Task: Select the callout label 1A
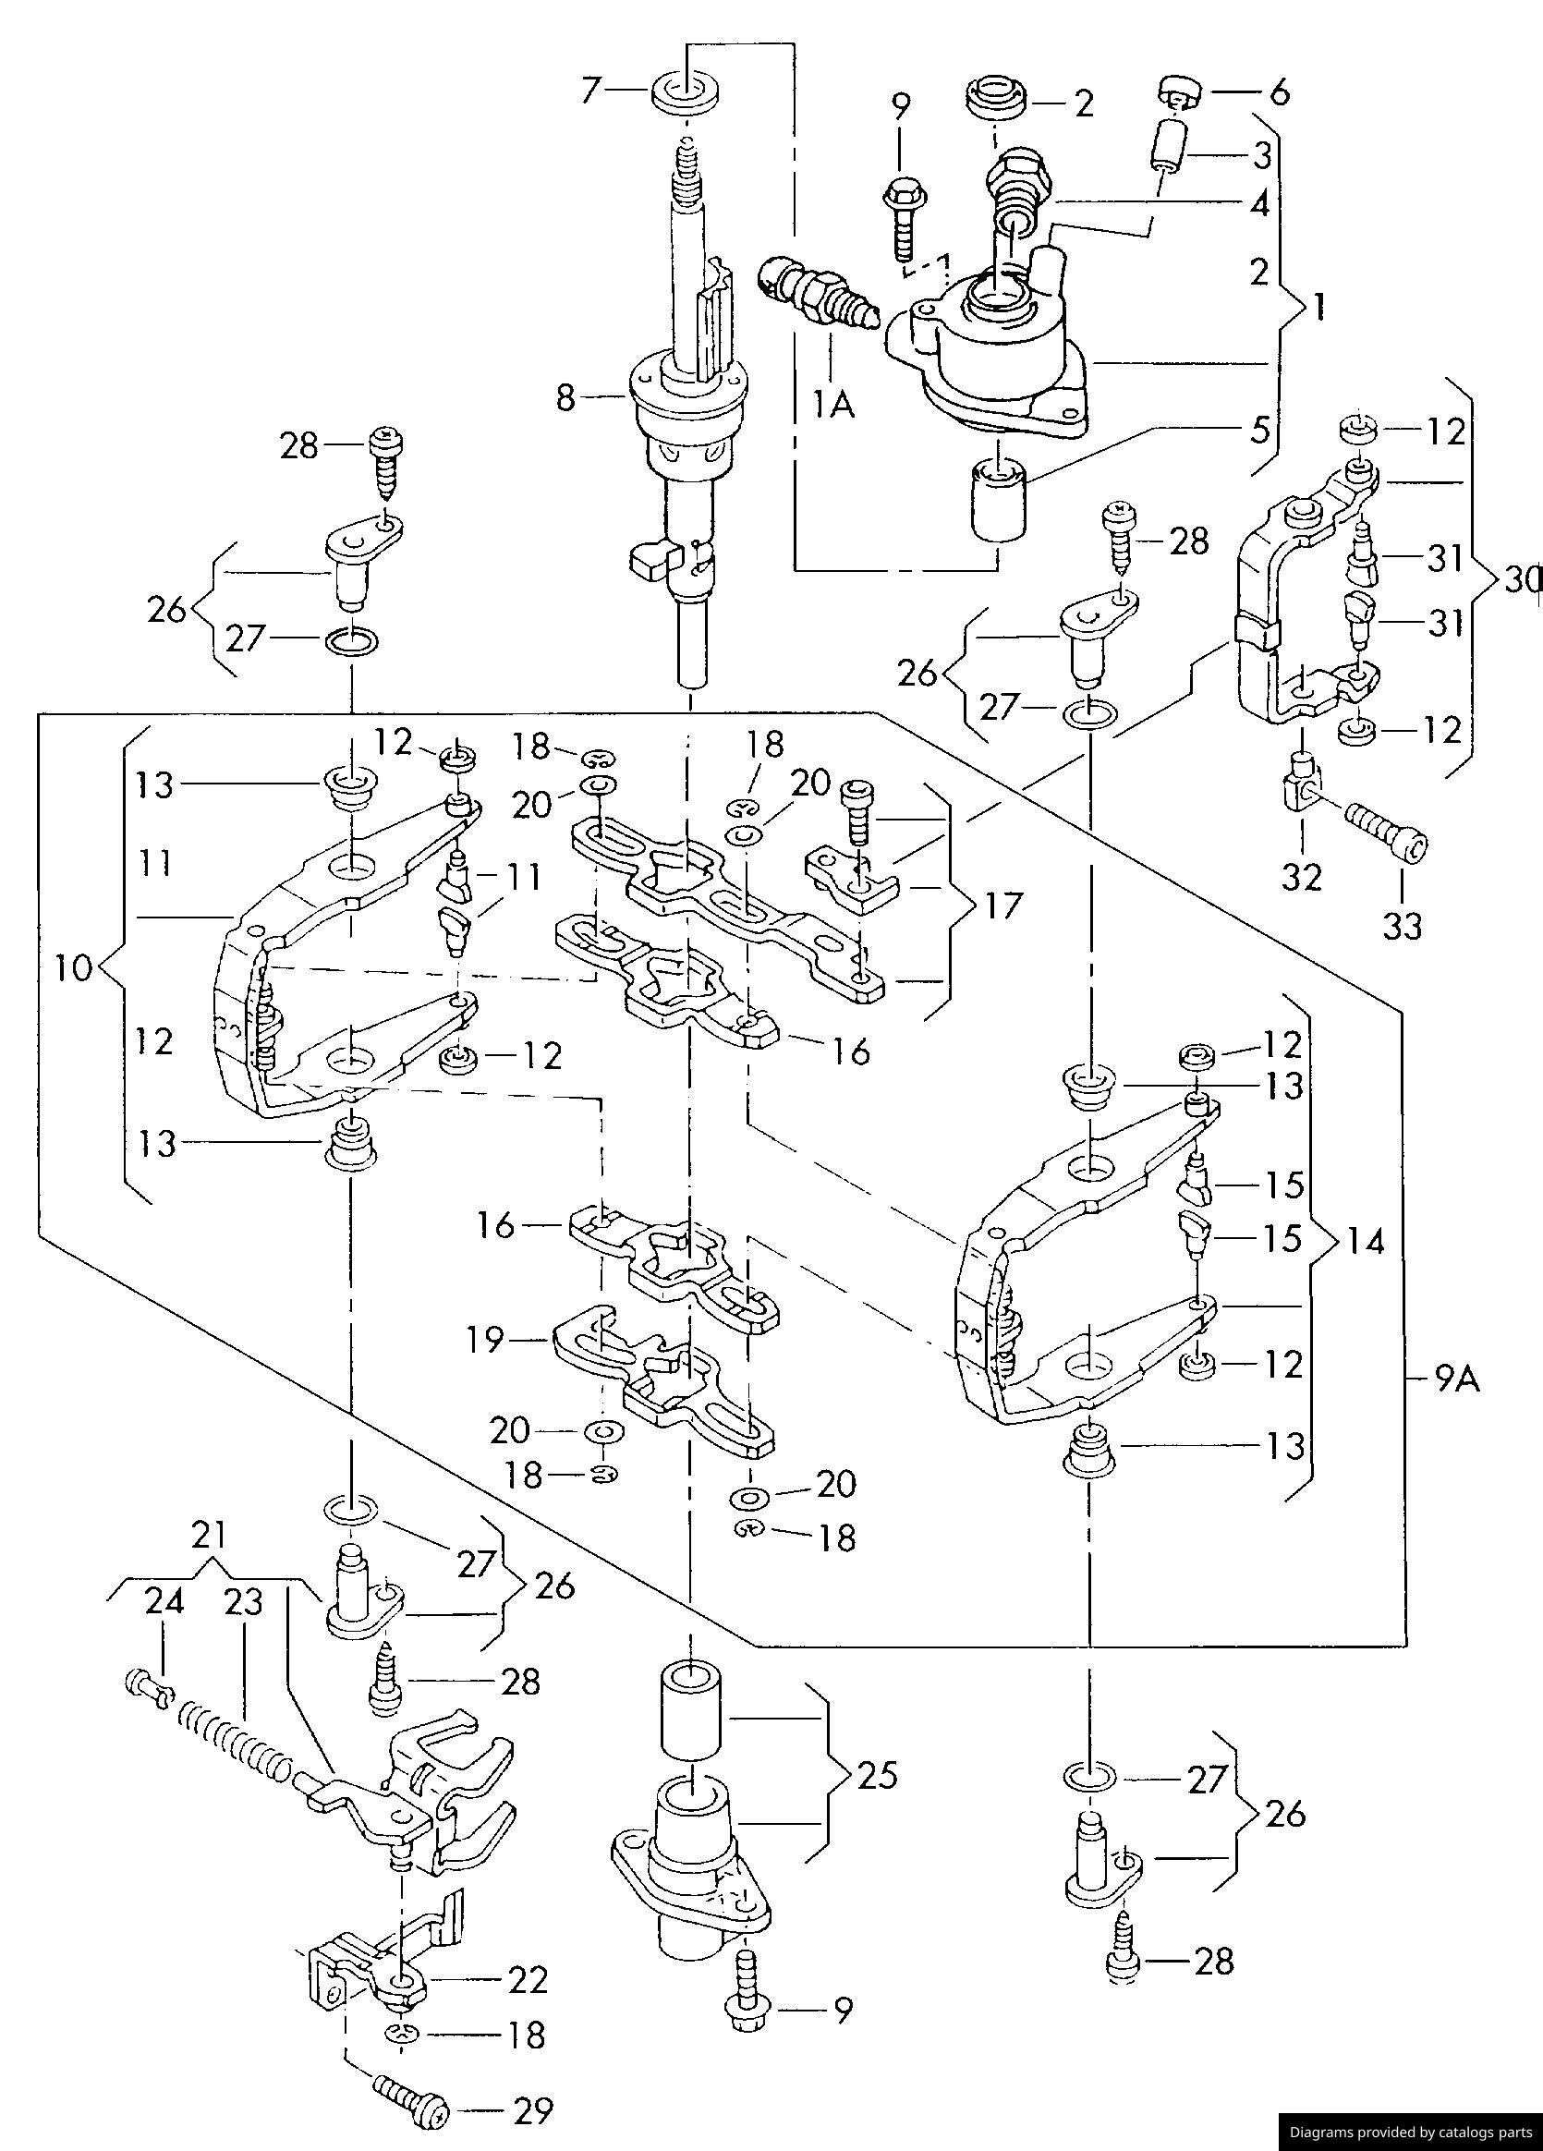click(832, 405)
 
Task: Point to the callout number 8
click(565, 397)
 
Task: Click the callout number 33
click(1402, 925)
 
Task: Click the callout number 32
click(1301, 877)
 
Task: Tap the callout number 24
click(164, 1601)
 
